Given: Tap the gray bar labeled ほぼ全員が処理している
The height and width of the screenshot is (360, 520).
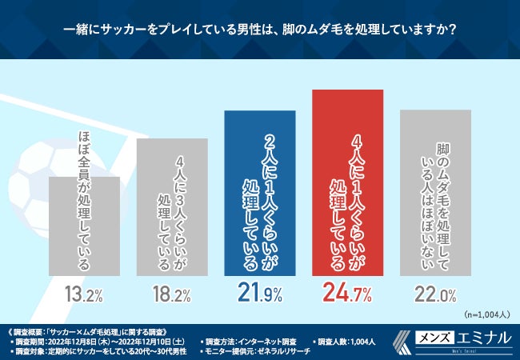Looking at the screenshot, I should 86,224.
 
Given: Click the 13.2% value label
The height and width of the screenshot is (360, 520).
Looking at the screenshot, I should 86,294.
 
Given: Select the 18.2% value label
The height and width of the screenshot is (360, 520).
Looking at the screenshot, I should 173,294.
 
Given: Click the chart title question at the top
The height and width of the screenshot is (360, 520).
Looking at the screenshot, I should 260,30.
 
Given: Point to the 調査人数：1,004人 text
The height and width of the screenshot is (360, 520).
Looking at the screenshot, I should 343,340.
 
